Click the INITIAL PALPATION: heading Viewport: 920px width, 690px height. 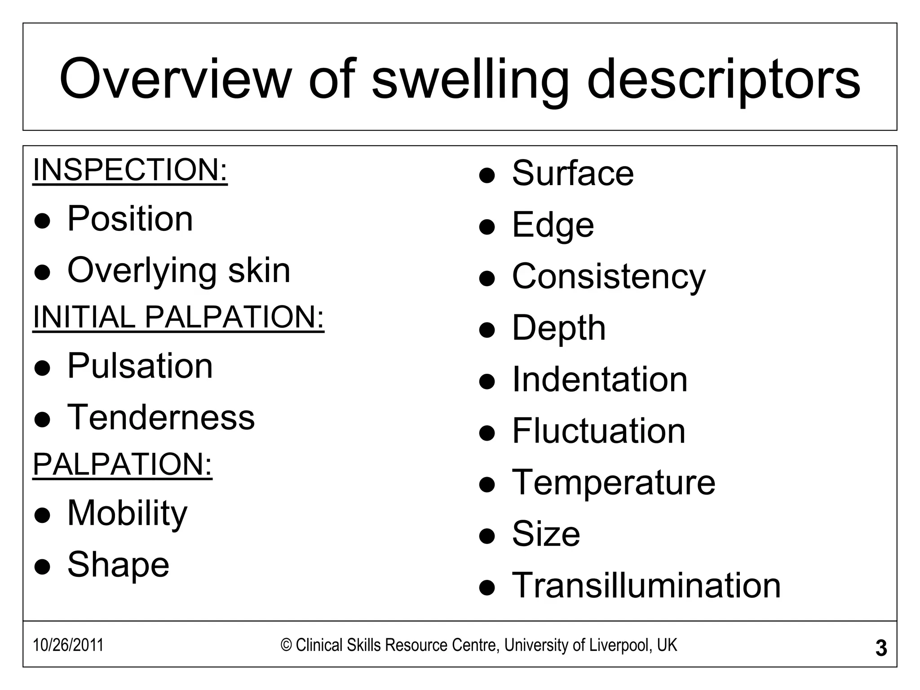pyautogui.click(x=178, y=317)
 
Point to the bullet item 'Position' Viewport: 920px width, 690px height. pyautogui.click(x=130, y=219)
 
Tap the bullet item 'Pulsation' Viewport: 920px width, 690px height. pyautogui.click(x=140, y=366)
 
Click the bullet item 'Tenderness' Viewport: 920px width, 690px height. pyautogui.click(x=161, y=417)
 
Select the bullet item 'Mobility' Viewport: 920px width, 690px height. pyautogui.click(x=127, y=513)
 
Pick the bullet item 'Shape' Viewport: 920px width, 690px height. pyautogui.click(x=118, y=565)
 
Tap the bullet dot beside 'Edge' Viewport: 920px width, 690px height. pyautogui.click(x=487, y=227)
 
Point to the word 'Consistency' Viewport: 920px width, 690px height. pyautogui.click(x=609, y=276)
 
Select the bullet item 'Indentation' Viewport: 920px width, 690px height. pyautogui.click(x=600, y=380)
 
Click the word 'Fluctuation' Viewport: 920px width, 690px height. pyautogui.click(x=599, y=431)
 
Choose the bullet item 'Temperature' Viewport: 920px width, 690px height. pyautogui.click(x=614, y=482)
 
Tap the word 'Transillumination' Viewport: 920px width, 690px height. pyautogui.click(x=646, y=585)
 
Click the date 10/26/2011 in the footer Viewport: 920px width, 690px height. pyautogui.click(x=68, y=645)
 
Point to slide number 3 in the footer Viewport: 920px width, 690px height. pyautogui.click(x=881, y=648)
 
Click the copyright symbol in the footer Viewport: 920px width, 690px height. pyautogui.click(x=286, y=646)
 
